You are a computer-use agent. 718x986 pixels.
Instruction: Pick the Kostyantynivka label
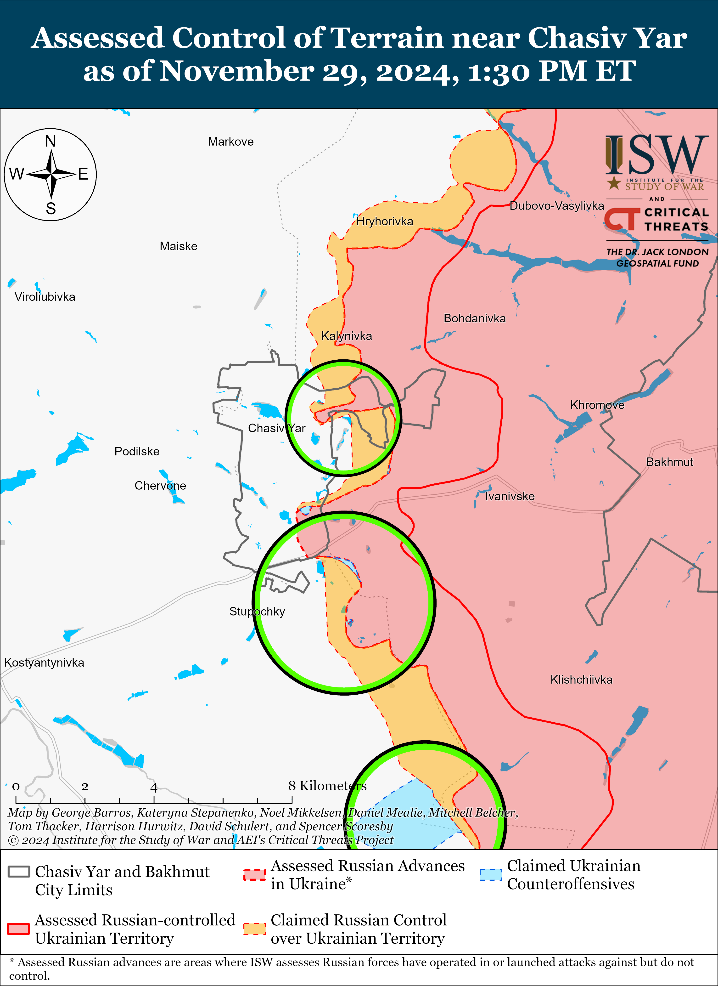(44, 663)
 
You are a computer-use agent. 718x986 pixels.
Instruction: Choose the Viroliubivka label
(45, 297)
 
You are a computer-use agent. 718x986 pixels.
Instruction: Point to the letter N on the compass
(51, 141)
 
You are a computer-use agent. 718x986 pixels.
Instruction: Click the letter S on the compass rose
(51, 209)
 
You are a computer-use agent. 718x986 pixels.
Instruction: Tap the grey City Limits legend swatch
(19, 872)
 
